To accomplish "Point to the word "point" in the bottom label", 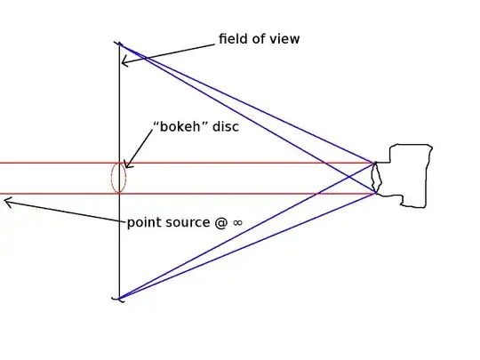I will click(144, 222).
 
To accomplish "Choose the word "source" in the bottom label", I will click(186, 222).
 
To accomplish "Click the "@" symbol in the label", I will click(221, 222).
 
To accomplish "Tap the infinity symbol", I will click(237, 223).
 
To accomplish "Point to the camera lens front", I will click(377, 178).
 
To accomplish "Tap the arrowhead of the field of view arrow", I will click(125, 60).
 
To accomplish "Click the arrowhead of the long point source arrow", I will click(7, 203).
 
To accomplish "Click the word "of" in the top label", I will click(260, 39).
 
